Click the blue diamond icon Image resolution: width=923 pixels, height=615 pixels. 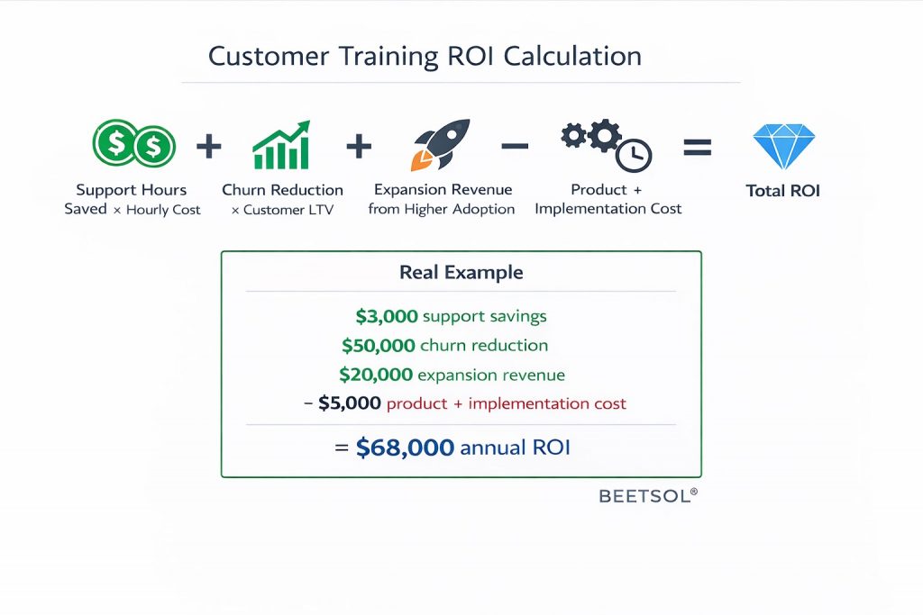(x=783, y=147)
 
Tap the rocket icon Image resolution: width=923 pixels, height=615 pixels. (x=441, y=144)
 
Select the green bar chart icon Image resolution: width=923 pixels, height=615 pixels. (x=281, y=146)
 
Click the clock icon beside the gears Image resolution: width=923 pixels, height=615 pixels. (x=634, y=155)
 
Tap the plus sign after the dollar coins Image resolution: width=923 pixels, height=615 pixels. (x=208, y=146)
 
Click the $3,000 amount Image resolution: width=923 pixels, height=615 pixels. (x=387, y=317)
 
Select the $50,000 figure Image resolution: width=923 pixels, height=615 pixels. (x=379, y=346)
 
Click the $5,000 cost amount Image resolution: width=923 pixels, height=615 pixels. (x=350, y=403)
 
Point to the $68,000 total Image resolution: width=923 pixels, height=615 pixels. (x=405, y=448)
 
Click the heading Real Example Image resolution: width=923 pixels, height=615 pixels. (x=461, y=272)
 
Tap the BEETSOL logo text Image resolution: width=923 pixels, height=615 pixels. (x=647, y=495)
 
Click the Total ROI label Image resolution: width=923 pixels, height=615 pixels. (x=783, y=191)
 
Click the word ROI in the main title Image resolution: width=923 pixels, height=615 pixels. (x=470, y=56)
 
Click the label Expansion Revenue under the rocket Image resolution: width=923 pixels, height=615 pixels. (x=443, y=190)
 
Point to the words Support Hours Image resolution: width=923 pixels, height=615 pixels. (x=132, y=190)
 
